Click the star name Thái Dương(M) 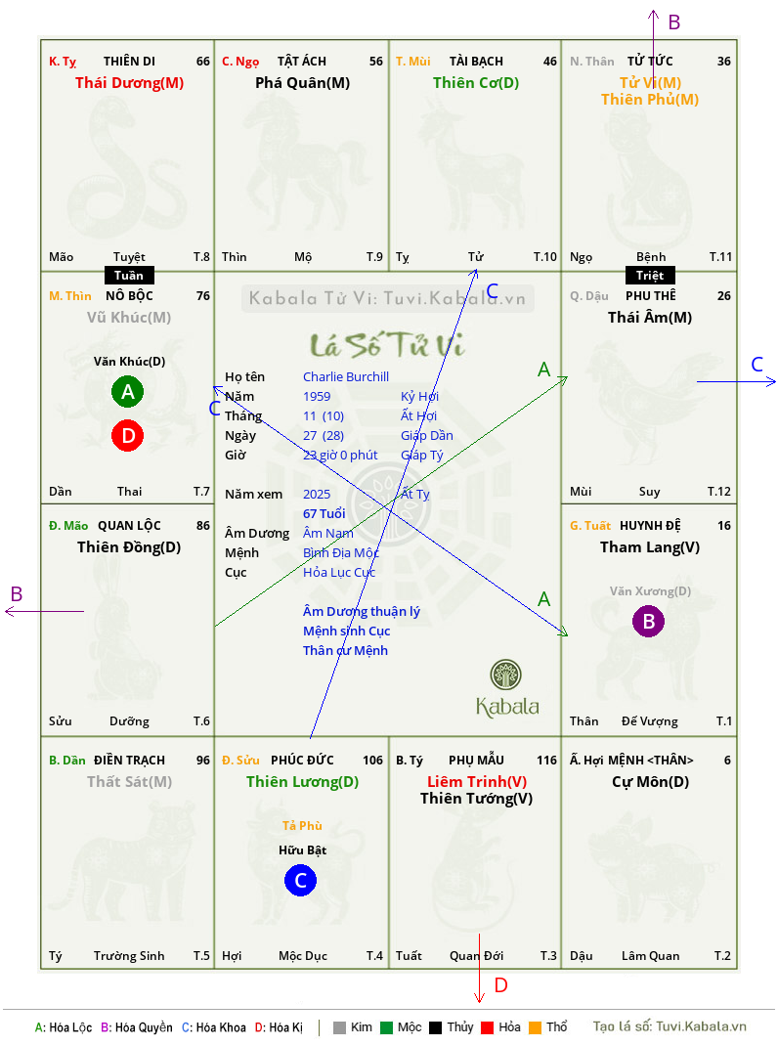(129, 83)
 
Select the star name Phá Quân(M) (302, 83)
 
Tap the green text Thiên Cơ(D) (476, 83)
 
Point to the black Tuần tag (129, 276)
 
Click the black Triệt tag (650, 276)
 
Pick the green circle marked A (127, 392)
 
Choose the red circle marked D (127, 436)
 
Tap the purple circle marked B (649, 621)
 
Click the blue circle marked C (300, 880)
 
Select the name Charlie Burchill (346, 377)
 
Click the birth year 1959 (317, 396)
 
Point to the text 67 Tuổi (324, 513)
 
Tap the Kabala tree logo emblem (505, 675)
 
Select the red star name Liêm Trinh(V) (476, 781)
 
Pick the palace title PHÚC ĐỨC (302, 761)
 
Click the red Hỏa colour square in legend (487, 1027)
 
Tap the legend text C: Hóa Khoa (213, 1027)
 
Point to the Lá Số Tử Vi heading (387, 345)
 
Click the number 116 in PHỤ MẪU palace (546, 761)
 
